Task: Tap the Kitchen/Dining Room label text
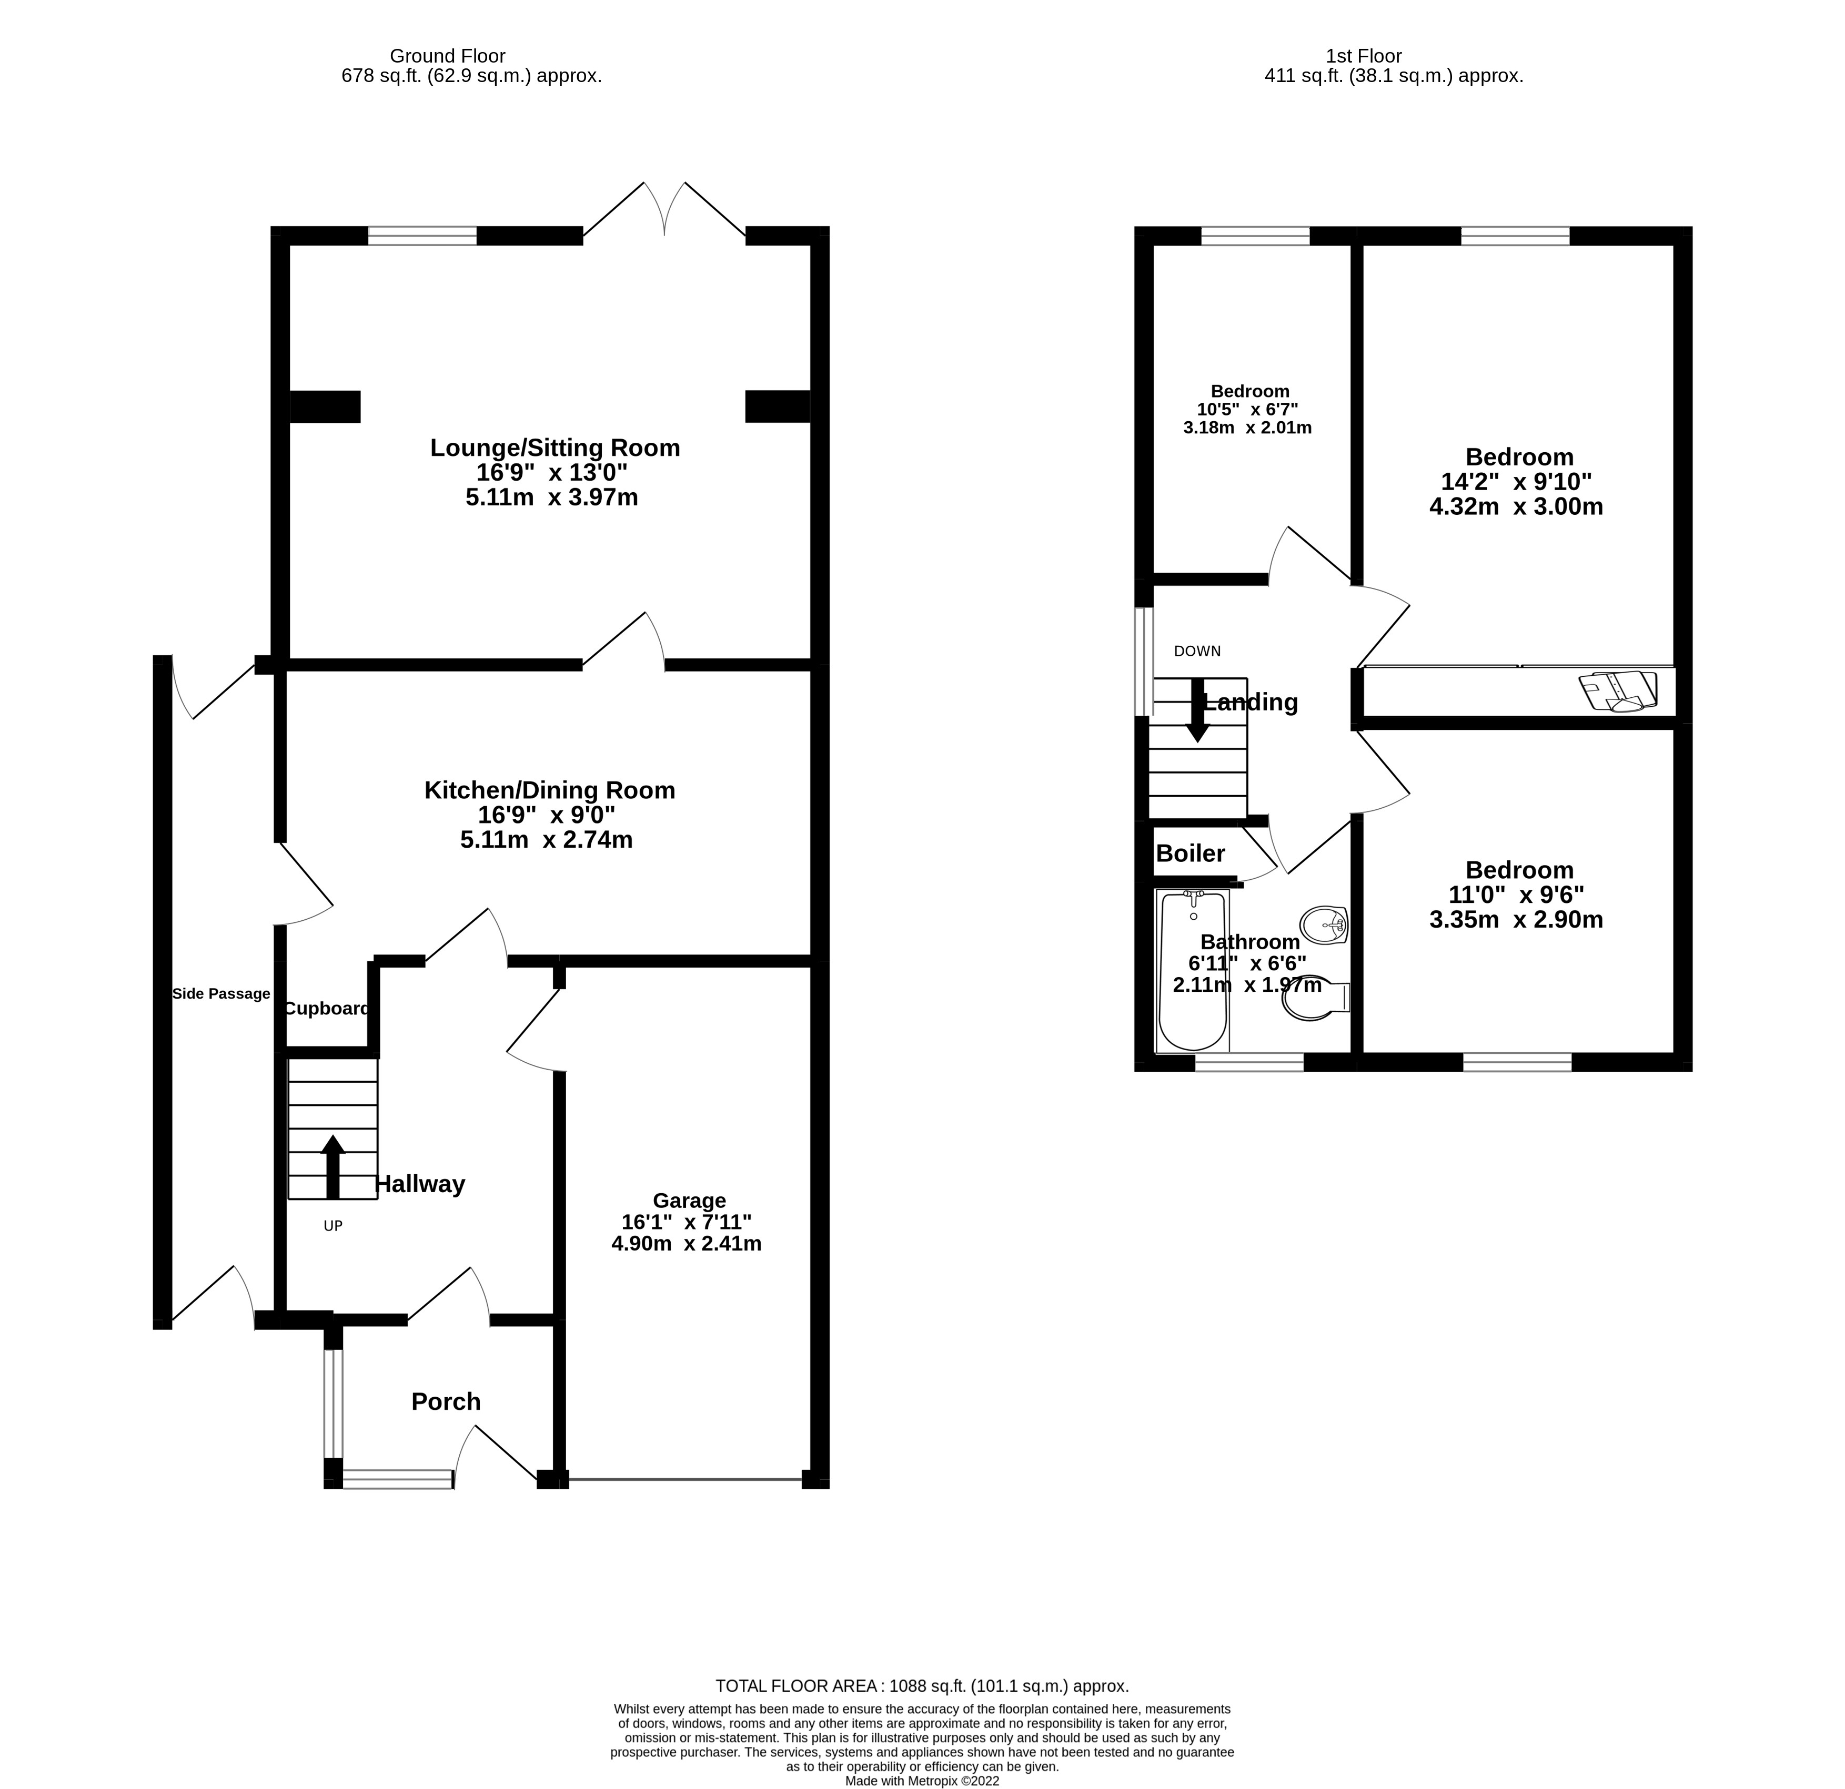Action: click(x=550, y=790)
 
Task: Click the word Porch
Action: click(x=446, y=1401)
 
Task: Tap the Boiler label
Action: click(x=1190, y=853)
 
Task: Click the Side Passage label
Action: click(x=221, y=994)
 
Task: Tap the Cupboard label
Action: click(x=327, y=1009)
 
